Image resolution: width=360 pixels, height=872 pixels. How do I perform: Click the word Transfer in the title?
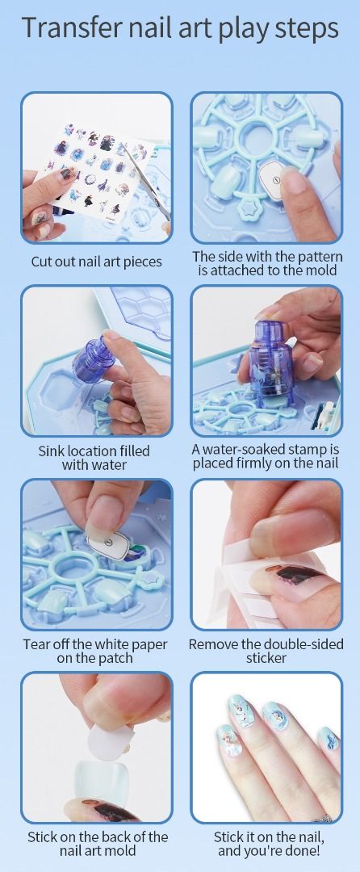(x=69, y=27)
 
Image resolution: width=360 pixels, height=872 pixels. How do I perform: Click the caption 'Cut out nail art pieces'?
(x=96, y=262)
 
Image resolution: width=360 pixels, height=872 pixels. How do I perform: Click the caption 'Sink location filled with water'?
(x=94, y=457)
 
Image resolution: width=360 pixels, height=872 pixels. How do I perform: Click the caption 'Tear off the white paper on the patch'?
(x=95, y=652)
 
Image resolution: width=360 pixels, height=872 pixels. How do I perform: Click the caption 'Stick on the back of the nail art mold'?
(x=98, y=844)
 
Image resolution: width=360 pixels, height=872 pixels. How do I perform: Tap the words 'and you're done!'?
(x=269, y=851)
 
